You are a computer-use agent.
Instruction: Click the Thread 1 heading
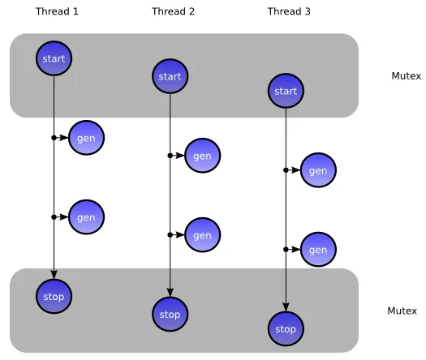(x=57, y=11)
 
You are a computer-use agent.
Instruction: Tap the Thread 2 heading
(x=173, y=11)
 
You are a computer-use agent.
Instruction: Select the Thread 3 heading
(x=289, y=11)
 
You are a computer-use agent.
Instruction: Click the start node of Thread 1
(x=54, y=58)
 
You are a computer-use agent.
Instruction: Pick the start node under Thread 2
(x=170, y=76)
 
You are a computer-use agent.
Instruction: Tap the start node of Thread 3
(x=286, y=91)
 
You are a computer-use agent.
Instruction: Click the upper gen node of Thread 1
(x=86, y=138)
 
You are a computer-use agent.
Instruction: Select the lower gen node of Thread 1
(x=86, y=217)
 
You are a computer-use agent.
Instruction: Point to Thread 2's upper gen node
(x=202, y=156)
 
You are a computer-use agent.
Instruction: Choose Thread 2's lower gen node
(x=202, y=235)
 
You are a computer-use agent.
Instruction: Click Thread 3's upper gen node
(x=318, y=170)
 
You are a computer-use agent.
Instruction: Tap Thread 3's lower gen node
(x=318, y=250)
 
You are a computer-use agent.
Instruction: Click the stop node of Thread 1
(x=54, y=296)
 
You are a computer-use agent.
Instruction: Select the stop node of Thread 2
(x=170, y=314)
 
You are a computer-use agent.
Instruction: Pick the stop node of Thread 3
(x=286, y=328)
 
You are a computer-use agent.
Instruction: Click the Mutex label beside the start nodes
(x=407, y=76)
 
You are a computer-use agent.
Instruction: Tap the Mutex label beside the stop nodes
(x=402, y=311)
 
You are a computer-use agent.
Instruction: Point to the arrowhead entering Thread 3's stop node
(x=286, y=307)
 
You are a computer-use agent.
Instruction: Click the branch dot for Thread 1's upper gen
(x=54, y=138)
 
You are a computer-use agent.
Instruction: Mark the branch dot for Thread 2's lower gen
(x=170, y=235)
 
